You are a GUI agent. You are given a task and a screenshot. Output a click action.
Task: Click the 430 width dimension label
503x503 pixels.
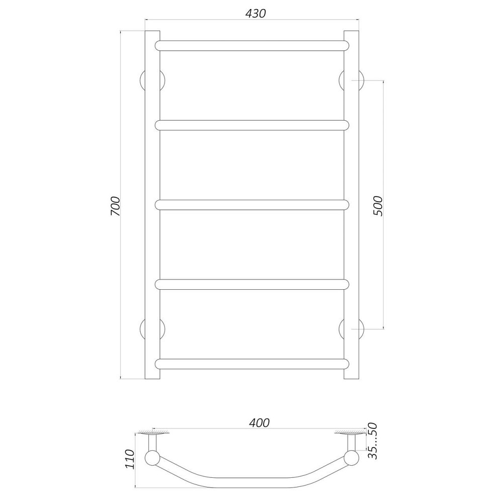(x=255, y=14)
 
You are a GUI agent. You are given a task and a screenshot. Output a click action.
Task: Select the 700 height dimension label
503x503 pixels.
(x=115, y=206)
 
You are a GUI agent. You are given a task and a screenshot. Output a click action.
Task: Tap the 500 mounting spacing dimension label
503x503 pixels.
(x=378, y=205)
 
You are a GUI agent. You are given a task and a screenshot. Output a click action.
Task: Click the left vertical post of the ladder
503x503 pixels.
(x=152, y=205)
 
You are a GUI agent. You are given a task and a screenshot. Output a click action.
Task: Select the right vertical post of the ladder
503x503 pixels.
(x=351, y=205)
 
